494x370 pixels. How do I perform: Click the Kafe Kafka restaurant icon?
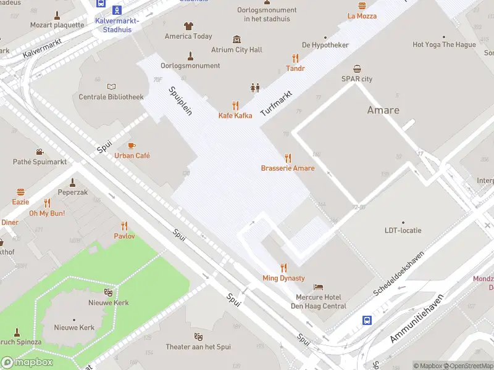pos(235,105)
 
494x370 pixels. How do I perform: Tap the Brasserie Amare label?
pos(287,168)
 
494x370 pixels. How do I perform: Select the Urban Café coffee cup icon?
pos(132,146)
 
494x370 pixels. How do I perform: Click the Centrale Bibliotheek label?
pos(111,97)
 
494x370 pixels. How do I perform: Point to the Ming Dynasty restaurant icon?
pos(283,268)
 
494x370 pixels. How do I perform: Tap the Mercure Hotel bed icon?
pos(318,287)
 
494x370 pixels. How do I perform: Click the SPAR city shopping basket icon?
pos(357,68)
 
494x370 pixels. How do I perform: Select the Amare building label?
pos(383,110)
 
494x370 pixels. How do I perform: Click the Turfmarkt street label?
pos(275,104)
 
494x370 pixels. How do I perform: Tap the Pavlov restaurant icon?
pos(124,226)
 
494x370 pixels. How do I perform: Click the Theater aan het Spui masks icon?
pos(198,337)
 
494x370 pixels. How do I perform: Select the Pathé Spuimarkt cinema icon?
pos(40,152)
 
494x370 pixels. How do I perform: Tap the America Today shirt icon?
pos(188,26)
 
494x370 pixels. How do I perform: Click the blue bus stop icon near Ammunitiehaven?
pos(367,320)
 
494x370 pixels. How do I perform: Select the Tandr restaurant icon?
pos(295,58)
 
